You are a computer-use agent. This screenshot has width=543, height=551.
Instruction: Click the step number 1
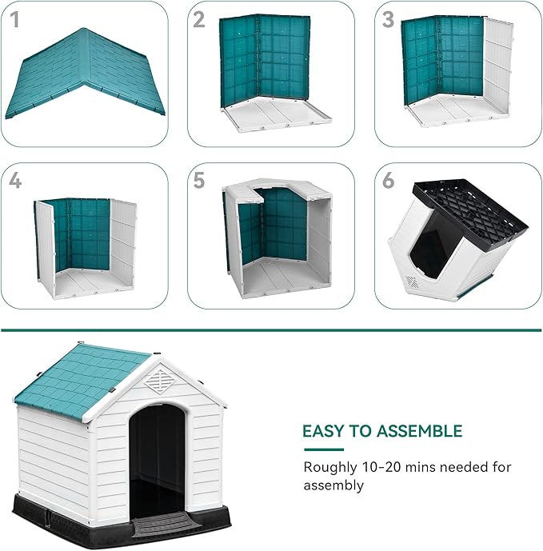pyautogui.click(x=14, y=19)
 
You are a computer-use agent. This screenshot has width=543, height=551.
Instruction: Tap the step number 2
pyautogui.click(x=200, y=20)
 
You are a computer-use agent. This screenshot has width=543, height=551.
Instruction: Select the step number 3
pyautogui.click(x=388, y=20)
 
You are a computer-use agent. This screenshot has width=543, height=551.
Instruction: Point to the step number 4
pyautogui.click(x=15, y=181)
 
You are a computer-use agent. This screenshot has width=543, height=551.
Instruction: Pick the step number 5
pyautogui.click(x=200, y=181)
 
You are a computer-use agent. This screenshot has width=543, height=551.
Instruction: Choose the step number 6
pyautogui.click(x=389, y=181)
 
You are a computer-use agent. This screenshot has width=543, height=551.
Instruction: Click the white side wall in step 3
pyautogui.click(x=497, y=68)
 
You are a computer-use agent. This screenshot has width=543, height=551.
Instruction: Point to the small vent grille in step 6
pyautogui.click(x=411, y=282)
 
